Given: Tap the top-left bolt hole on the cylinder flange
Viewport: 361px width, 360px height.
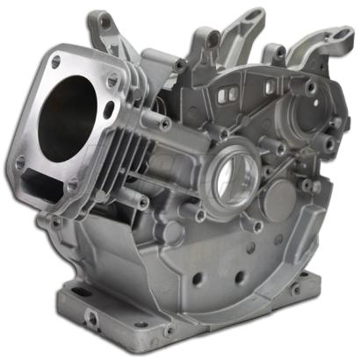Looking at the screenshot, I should coord(55,62).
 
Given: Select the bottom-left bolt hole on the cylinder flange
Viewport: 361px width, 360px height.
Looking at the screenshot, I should coord(19,162).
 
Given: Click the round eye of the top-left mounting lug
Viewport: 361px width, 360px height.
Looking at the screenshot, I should coord(105,18).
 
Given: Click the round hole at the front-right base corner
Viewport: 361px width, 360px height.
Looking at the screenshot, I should coord(168,331).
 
